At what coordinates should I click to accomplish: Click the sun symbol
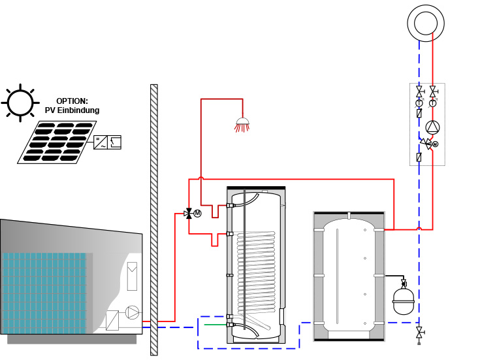coord(19,102)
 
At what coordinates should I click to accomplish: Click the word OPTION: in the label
coord(72,101)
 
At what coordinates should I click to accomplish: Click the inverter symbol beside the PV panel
coord(107,142)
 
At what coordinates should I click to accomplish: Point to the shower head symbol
coord(242,123)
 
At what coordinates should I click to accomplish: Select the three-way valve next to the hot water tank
coord(189,213)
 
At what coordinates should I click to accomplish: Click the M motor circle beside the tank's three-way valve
coord(197,213)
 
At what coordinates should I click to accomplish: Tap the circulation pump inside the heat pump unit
coord(133,312)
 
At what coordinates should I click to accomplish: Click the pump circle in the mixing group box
coord(433,127)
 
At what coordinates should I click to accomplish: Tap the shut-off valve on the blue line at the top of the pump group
coord(419,91)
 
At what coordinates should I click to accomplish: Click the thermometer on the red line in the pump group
coord(433,103)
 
